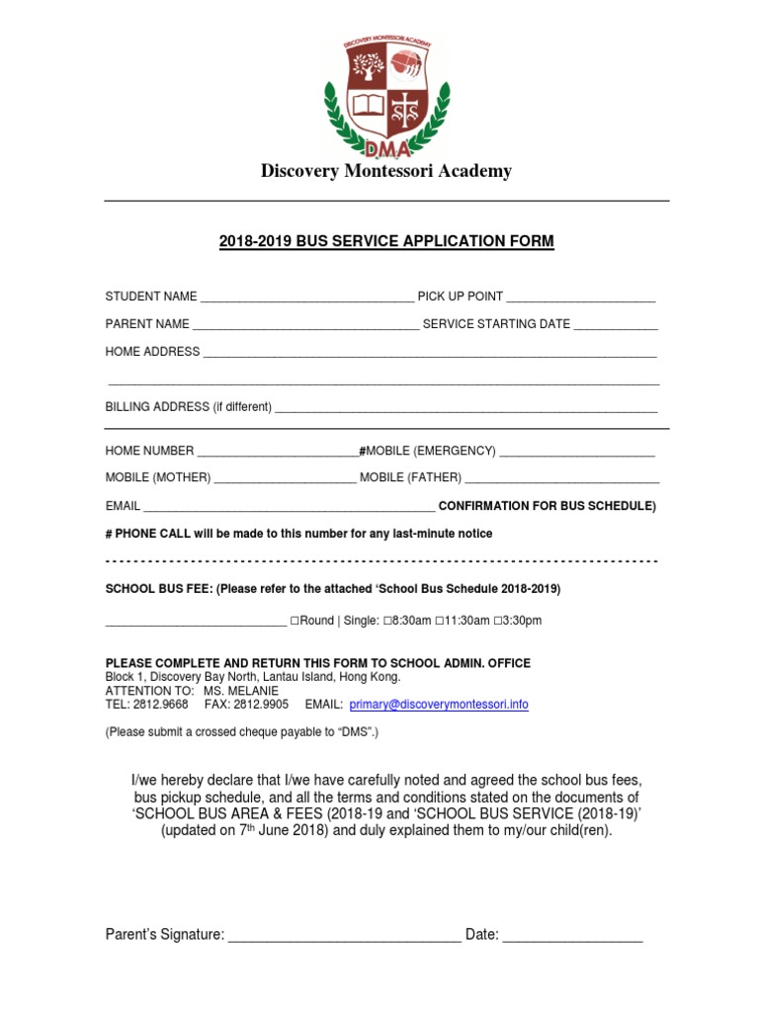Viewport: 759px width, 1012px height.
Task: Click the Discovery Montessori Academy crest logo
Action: point(386,96)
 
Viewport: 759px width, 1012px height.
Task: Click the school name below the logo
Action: point(386,171)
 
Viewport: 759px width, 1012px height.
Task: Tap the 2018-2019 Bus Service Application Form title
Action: point(386,241)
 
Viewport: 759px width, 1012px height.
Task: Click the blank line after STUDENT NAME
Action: point(306,296)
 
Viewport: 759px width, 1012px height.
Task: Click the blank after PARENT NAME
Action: point(305,324)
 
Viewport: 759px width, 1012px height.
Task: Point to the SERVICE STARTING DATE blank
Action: point(616,324)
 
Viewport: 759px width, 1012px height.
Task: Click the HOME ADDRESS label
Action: point(152,351)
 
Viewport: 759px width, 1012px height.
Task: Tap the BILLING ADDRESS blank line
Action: point(465,407)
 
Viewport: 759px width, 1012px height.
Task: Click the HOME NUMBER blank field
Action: point(278,452)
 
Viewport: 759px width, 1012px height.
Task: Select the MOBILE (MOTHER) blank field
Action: point(285,478)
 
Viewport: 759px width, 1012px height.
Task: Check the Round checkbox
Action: point(295,621)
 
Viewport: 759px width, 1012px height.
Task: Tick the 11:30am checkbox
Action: point(440,621)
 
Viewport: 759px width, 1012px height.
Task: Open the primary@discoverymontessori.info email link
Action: point(439,705)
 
